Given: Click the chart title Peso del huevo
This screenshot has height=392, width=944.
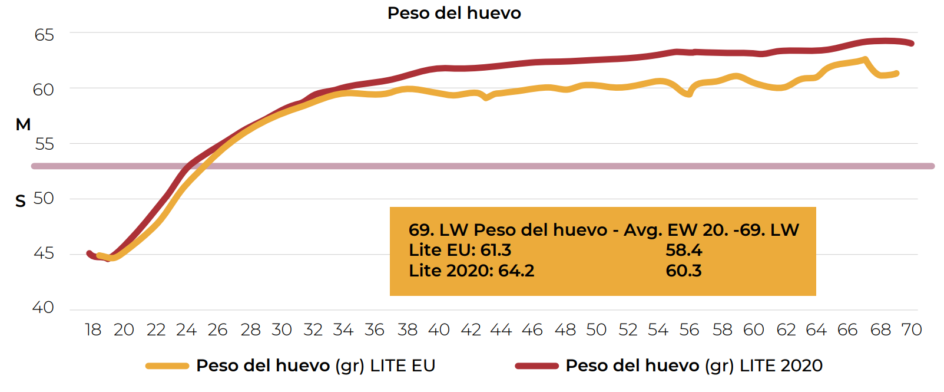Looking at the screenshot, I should [x=454, y=13].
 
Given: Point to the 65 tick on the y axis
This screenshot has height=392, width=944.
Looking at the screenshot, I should [x=44, y=35].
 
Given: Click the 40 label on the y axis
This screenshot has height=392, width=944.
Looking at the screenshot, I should [x=43, y=307].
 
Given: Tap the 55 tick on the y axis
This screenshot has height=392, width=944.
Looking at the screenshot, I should [x=44, y=144].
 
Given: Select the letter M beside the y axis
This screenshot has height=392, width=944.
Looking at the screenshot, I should [x=23, y=125].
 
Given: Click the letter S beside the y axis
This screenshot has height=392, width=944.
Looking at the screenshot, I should [x=21, y=202].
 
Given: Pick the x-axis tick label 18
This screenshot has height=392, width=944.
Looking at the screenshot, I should [x=93, y=330].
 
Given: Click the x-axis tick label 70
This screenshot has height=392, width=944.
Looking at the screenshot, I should [x=911, y=330].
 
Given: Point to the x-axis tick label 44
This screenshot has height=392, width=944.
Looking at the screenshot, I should [x=501, y=330].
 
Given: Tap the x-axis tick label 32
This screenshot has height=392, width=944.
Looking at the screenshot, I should [x=313, y=330].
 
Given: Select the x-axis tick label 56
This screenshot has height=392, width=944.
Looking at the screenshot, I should [x=689, y=330].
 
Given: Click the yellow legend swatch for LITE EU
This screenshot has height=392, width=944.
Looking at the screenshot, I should [x=167, y=366].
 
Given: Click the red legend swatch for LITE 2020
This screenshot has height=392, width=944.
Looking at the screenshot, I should [x=536, y=366].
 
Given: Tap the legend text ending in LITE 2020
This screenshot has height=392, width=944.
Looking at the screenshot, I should [x=694, y=366].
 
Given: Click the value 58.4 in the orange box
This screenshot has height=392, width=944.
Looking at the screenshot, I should [x=684, y=250].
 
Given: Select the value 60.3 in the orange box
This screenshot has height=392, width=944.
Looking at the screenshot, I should [x=684, y=271].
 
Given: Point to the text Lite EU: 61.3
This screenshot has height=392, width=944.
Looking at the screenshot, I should [x=460, y=250].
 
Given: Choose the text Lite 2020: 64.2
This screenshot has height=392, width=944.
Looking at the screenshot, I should [x=472, y=271].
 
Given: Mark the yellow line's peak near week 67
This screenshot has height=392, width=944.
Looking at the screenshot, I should [x=864, y=59].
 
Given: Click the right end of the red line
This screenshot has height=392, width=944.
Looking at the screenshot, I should [x=912, y=43].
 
